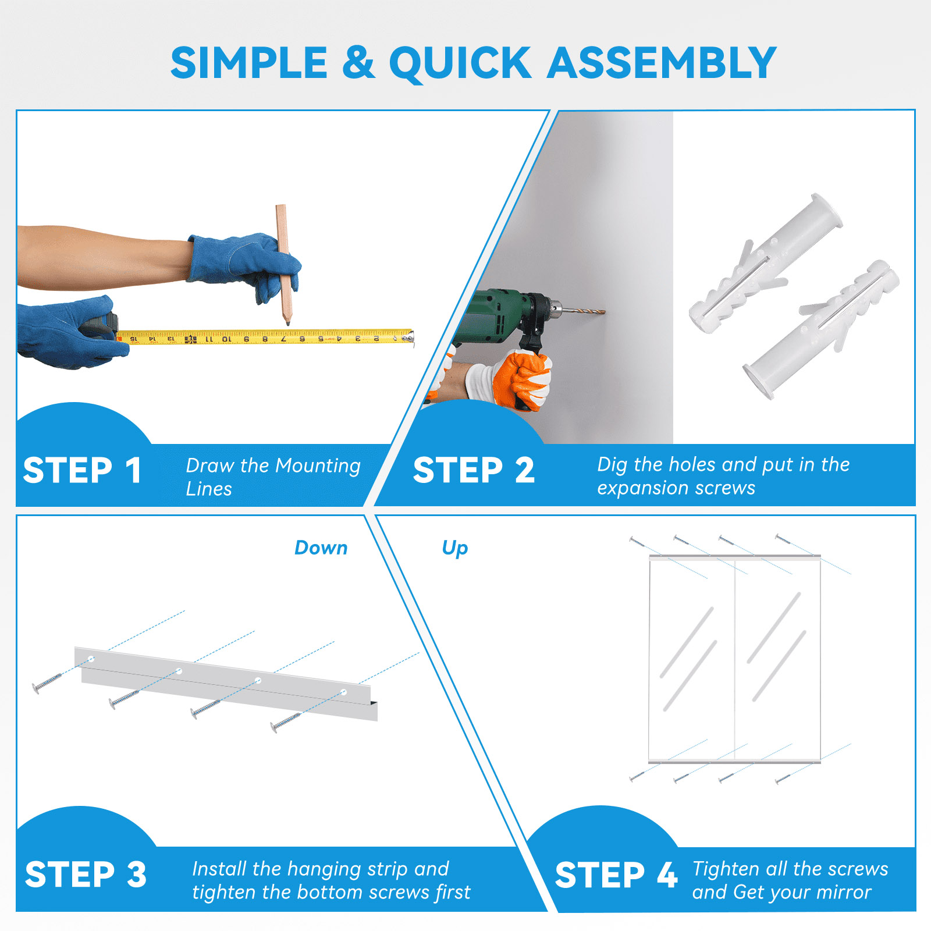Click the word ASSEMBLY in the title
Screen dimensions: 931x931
tap(662, 62)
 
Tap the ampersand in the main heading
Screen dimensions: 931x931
tap(358, 62)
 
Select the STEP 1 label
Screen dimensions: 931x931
tap(83, 470)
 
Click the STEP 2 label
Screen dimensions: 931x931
tap(474, 470)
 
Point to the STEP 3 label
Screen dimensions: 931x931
tap(86, 875)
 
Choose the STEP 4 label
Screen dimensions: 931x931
tap(616, 875)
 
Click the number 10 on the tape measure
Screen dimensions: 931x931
tap(226, 339)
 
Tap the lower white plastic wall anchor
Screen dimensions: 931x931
tap(821, 329)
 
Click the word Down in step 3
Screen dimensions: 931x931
tap(321, 548)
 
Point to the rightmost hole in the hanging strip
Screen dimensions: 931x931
tap(344, 692)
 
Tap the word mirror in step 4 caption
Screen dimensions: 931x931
tap(843, 892)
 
